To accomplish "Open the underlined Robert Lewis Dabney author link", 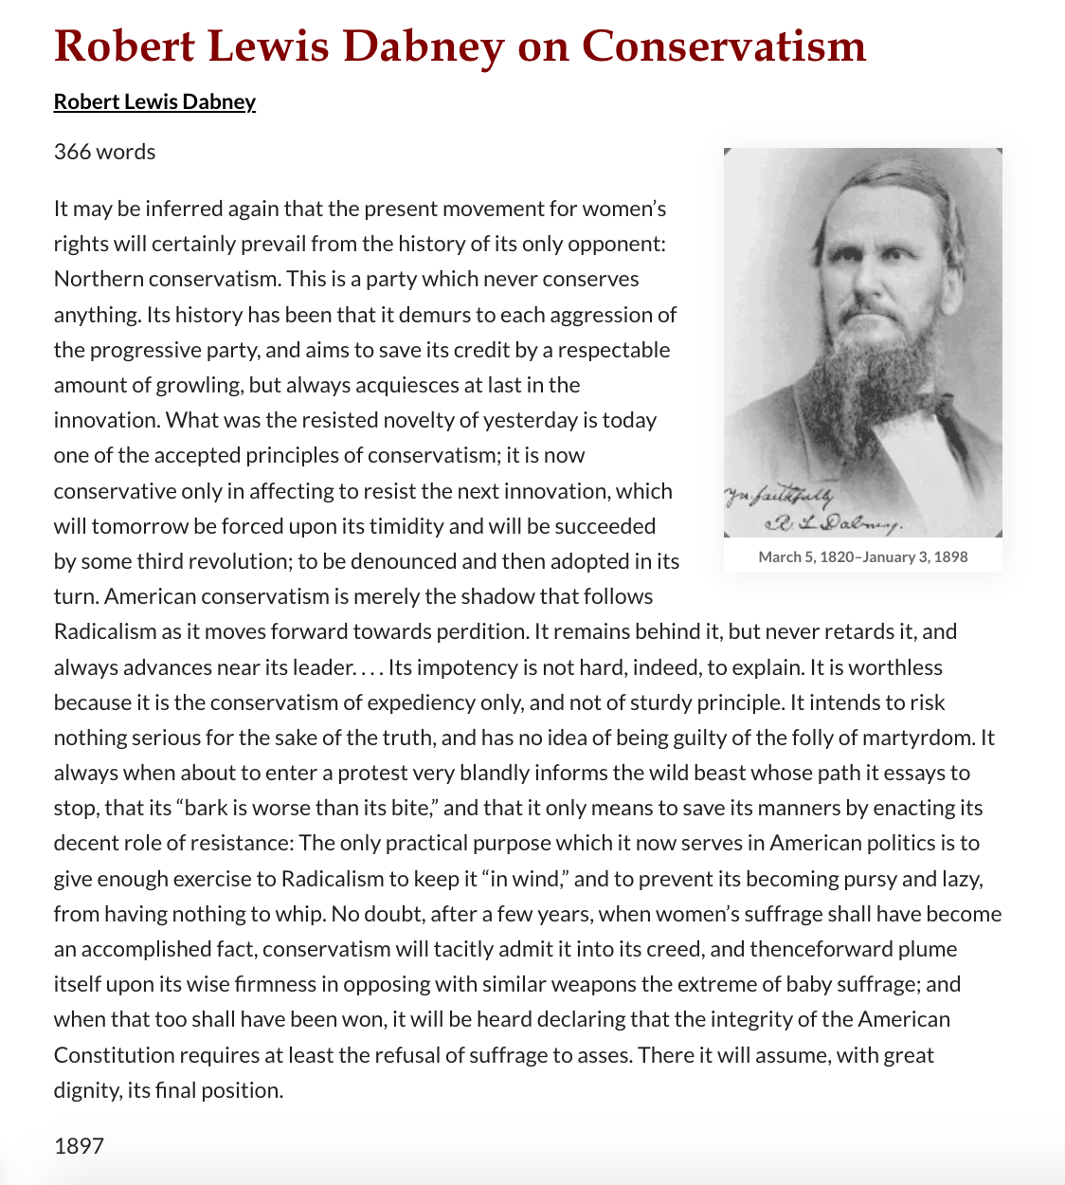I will [x=154, y=101].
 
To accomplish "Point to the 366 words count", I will [x=104, y=152].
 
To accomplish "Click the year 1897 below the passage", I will [x=79, y=1146].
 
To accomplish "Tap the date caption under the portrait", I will [x=862, y=556].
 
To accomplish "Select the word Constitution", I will [x=115, y=1055].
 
